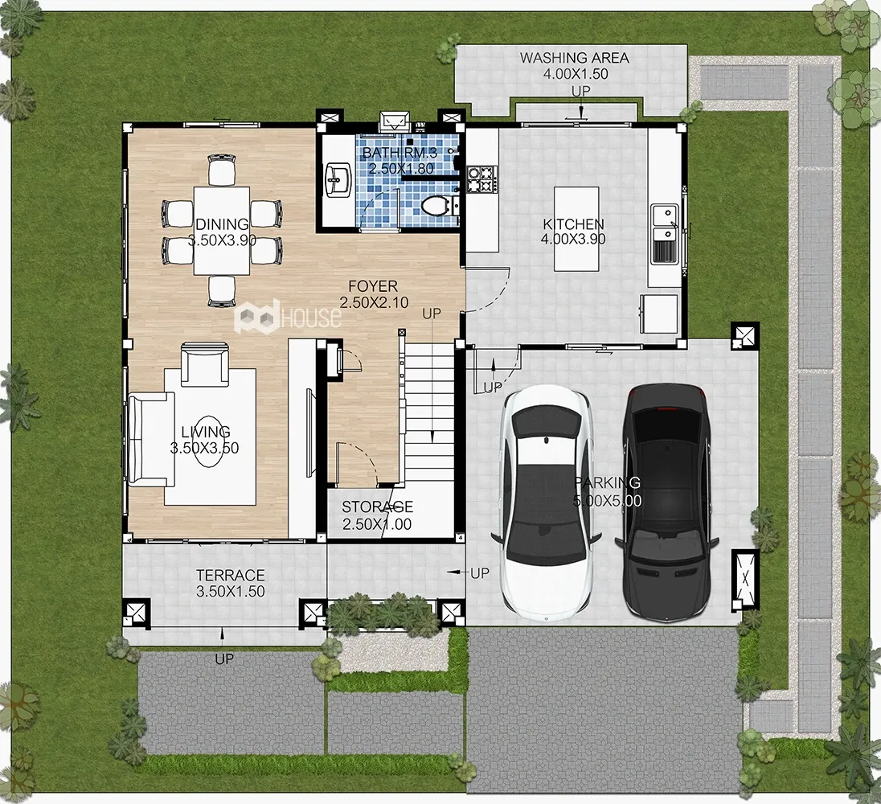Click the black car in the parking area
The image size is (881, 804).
(666, 503)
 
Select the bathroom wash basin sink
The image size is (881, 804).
(338, 178)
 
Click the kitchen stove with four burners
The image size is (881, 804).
(482, 178)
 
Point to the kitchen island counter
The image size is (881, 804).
(576, 228)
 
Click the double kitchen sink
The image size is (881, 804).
(666, 234)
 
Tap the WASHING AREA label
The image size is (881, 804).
(574, 57)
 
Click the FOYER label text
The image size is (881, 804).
(373, 286)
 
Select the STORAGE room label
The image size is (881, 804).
(378, 507)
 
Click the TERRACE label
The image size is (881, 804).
(231, 575)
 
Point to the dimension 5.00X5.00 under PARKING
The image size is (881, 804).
(608, 500)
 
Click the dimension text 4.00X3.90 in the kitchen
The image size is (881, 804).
(573, 239)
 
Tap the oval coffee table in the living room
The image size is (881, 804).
(208, 449)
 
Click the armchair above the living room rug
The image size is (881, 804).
(205, 364)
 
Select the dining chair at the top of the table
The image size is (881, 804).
(222, 170)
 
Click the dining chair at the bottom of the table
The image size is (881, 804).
(222, 291)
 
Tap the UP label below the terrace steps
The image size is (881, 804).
(224, 659)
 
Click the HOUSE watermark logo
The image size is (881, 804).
(287, 317)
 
